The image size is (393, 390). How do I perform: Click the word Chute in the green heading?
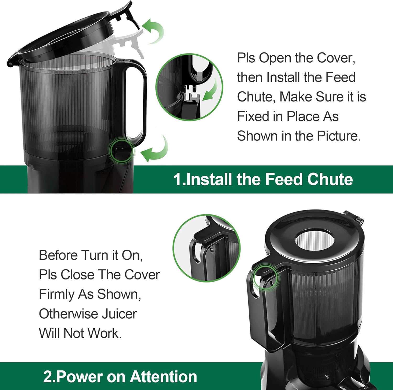[x=330, y=179]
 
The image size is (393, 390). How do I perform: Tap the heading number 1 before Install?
[x=177, y=179]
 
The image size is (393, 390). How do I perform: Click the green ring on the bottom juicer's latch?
[x=265, y=277]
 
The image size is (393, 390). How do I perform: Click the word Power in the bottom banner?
[x=80, y=377]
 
